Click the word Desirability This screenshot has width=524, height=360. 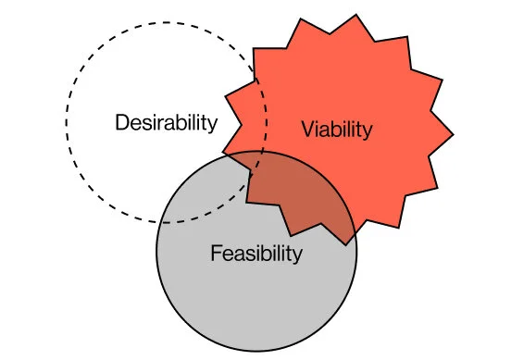tap(166, 122)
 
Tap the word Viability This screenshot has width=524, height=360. tap(337, 130)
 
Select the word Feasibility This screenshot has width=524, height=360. tap(256, 253)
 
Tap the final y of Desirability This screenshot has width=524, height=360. tap(213, 125)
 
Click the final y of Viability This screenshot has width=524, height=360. tap(368, 132)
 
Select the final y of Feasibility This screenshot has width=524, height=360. tap(297, 255)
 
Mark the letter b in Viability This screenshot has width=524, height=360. tap(332, 129)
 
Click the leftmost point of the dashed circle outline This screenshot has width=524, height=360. tap(67, 123)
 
